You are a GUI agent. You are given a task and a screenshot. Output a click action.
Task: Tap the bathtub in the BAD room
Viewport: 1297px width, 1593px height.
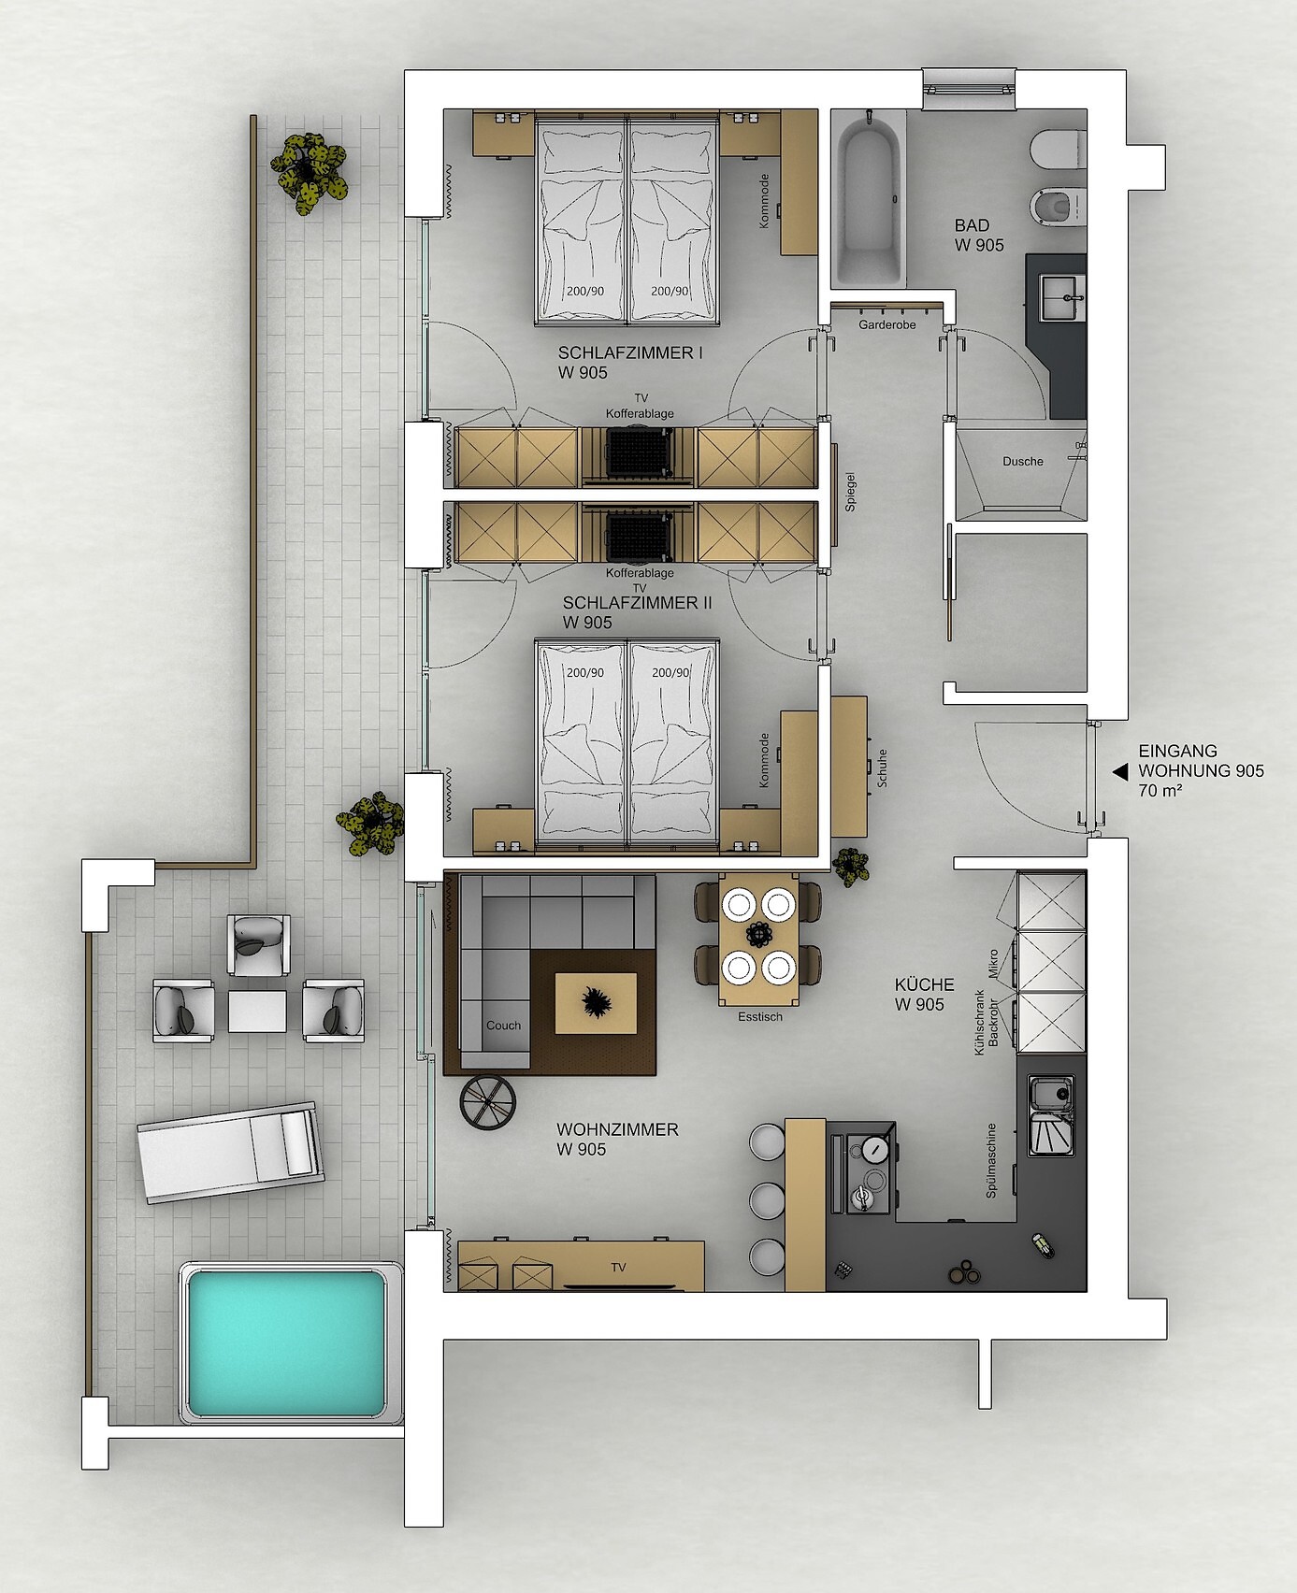pyautogui.click(x=870, y=197)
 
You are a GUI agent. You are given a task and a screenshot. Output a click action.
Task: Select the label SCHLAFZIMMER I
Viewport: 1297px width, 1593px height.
pyautogui.click(x=630, y=353)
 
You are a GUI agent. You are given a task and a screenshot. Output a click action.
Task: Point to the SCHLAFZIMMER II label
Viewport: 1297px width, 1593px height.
pyautogui.click(x=637, y=603)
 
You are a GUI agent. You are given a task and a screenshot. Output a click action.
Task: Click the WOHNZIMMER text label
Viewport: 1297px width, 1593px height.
pyautogui.click(x=617, y=1129)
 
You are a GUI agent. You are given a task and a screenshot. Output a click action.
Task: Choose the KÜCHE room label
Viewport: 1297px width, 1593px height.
pyautogui.click(x=924, y=984)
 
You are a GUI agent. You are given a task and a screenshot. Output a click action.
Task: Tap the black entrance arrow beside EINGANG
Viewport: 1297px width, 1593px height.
pyautogui.click(x=1119, y=771)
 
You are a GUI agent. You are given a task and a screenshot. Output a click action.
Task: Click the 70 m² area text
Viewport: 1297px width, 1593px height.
pyautogui.click(x=1160, y=791)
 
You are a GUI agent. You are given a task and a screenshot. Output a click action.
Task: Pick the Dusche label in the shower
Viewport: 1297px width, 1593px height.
pyautogui.click(x=1023, y=461)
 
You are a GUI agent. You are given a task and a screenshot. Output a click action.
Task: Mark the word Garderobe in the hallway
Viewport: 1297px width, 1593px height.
pyautogui.click(x=887, y=324)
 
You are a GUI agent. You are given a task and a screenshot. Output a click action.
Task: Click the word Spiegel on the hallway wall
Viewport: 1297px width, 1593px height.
pyautogui.click(x=850, y=491)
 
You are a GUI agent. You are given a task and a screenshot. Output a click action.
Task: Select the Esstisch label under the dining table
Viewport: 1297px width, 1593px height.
pyautogui.click(x=760, y=1016)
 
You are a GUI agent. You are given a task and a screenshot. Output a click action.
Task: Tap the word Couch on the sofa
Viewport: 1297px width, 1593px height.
pyautogui.click(x=503, y=1026)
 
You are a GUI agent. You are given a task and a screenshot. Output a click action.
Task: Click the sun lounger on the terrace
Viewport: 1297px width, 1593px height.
pyautogui.click(x=230, y=1152)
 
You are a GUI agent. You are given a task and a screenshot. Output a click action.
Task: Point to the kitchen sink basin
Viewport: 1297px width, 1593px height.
pyautogui.click(x=1052, y=1091)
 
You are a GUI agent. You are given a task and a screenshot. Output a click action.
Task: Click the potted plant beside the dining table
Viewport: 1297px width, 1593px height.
pyautogui.click(x=851, y=866)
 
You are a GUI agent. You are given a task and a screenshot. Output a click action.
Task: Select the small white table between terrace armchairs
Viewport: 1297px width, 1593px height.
pyautogui.click(x=257, y=1012)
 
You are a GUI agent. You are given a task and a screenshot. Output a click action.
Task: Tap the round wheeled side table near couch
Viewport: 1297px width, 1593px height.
pyautogui.click(x=488, y=1103)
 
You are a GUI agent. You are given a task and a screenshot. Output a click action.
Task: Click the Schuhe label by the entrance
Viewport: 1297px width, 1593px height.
pyautogui.click(x=881, y=768)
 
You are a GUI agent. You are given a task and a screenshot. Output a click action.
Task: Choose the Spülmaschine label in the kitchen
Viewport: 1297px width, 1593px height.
pyautogui.click(x=991, y=1160)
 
